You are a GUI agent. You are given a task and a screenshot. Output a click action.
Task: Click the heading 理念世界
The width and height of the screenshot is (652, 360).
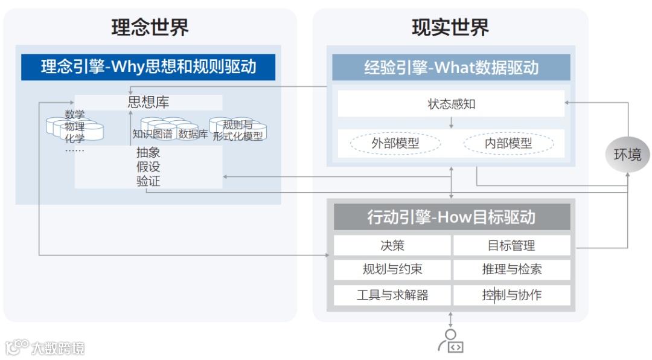(x=150, y=27)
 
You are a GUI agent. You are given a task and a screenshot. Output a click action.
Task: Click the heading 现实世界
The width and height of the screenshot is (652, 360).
(x=450, y=27)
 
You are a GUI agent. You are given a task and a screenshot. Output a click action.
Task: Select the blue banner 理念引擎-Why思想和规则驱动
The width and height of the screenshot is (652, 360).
(x=149, y=66)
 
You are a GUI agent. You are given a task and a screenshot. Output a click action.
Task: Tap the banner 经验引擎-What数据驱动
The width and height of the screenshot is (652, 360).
(x=451, y=67)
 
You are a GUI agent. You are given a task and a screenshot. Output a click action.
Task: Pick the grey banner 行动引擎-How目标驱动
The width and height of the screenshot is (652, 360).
(x=451, y=217)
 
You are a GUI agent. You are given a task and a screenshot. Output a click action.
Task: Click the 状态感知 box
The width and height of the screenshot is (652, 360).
(x=451, y=104)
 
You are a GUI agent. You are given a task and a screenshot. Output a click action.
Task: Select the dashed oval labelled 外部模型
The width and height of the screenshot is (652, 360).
(x=395, y=144)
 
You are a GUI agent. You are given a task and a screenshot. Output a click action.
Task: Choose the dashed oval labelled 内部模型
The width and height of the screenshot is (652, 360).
(x=508, y=144)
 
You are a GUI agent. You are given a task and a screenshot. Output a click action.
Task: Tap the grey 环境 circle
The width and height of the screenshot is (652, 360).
(x=627, y=155)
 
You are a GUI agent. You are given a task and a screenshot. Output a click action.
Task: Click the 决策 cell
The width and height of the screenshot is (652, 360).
(x=392, y=245)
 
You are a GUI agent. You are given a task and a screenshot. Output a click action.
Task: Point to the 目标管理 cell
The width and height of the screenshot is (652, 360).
(x=511, y=245)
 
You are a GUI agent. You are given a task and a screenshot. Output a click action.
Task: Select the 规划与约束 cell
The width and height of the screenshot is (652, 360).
(x=392, y=269)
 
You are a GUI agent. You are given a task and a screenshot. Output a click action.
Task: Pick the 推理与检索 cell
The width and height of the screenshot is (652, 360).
(x=511, y=269)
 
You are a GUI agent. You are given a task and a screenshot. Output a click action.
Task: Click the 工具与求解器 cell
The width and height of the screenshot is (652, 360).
(x=392, y=295)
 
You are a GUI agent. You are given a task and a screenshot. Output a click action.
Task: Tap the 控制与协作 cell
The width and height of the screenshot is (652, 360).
(x=511, y=295)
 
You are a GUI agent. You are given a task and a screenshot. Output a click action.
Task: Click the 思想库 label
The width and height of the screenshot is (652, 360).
(x=149, y=102)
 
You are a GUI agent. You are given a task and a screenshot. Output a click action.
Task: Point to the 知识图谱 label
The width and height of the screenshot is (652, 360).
(x=152, y=134)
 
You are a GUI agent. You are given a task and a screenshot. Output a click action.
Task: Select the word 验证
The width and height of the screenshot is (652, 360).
(x=149, y=181)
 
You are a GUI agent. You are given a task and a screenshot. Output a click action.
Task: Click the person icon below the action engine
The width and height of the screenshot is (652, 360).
(x=450, y=341)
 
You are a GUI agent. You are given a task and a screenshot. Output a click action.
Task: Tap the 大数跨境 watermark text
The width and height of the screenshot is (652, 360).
(x=58, y=348)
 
